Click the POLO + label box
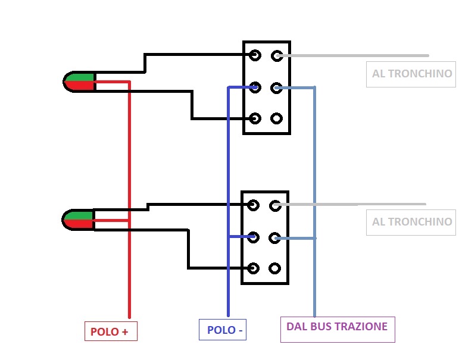coord(111,331)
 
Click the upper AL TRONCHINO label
coord(411,74)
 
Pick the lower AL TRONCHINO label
coord(411,222)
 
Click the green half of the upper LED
coord(82,77)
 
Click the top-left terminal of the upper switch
coord(255,56)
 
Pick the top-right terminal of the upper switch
coord(277,56)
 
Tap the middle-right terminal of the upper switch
coord(276,88)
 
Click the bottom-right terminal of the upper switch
coord(276,118)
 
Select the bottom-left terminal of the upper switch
coord(255,118)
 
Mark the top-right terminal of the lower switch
coord(275,206)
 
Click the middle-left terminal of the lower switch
coord(254,237)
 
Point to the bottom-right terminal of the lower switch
coord(275,268)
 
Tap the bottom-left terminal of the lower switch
coord(254,268)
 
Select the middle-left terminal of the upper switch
coord(255,87)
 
